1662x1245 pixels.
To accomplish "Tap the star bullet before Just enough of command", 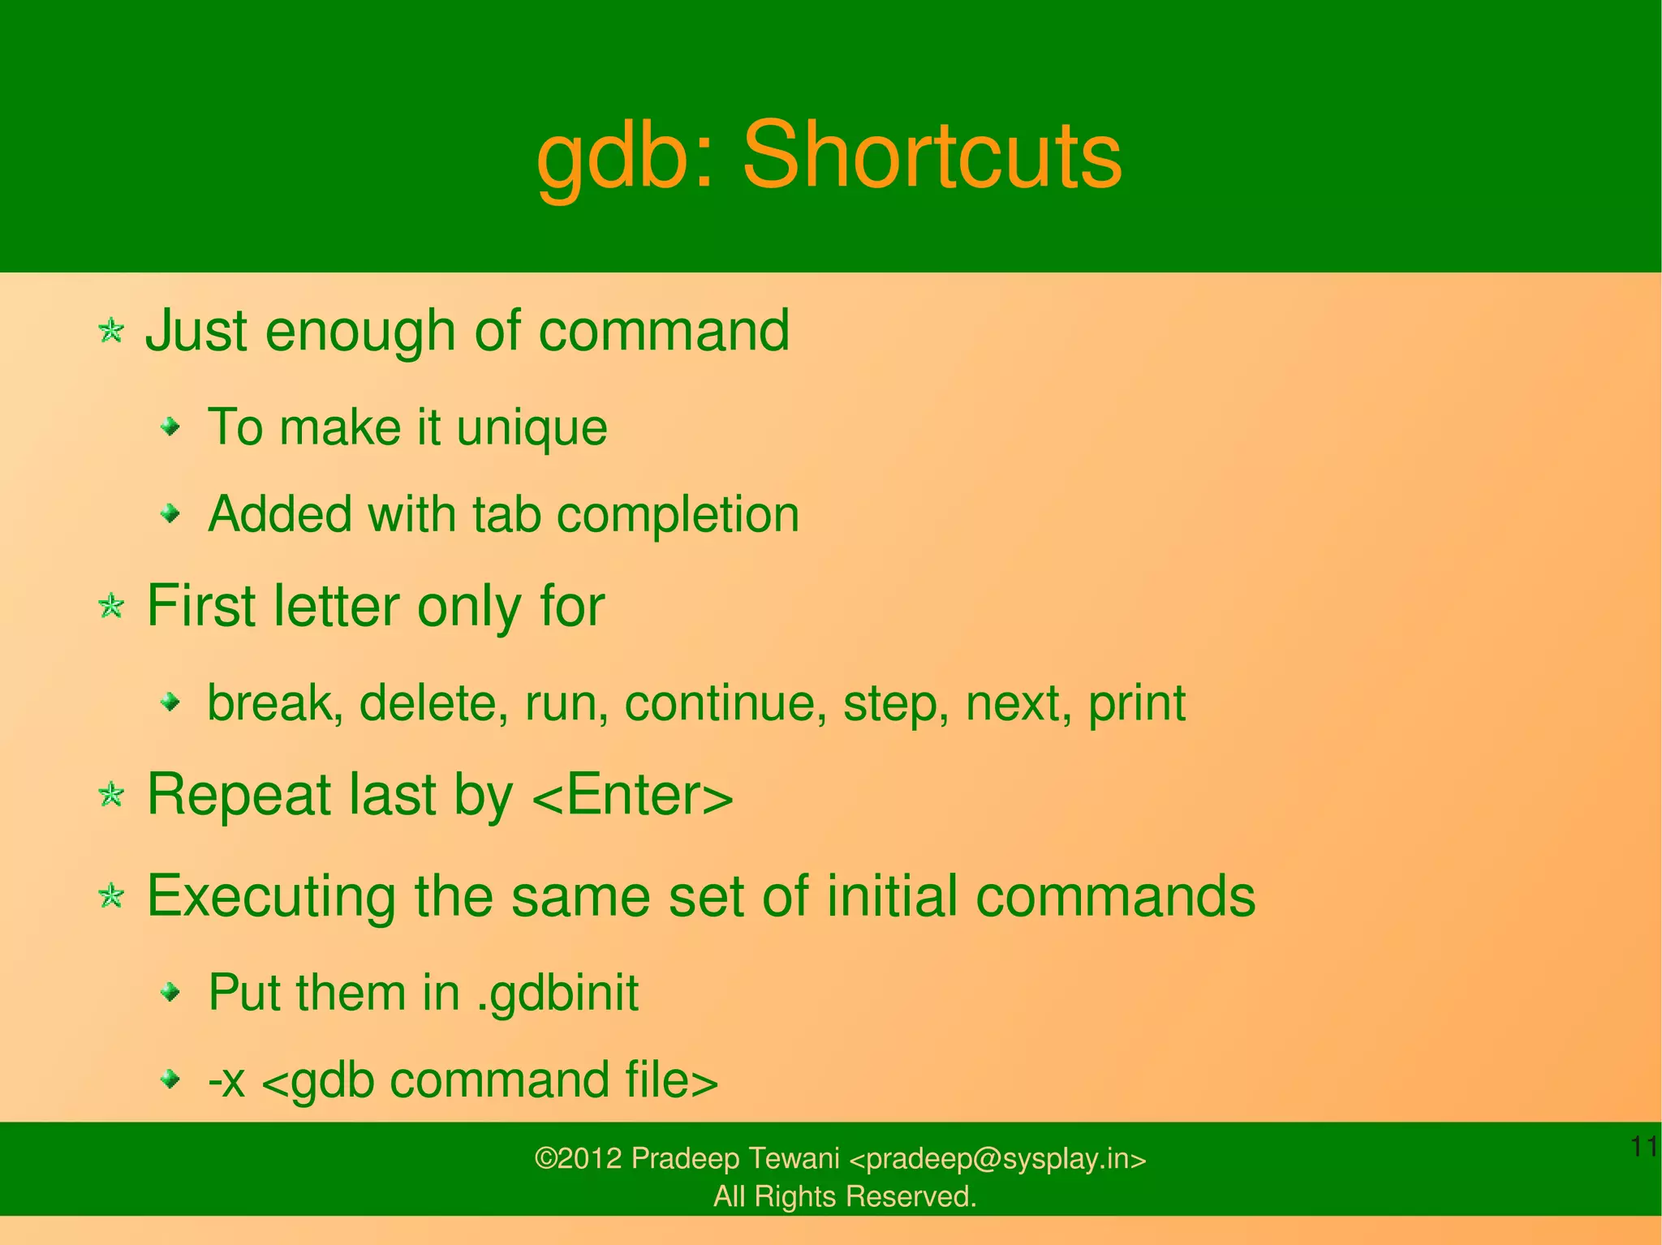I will pos(111,331).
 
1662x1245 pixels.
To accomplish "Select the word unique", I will pos(532,428).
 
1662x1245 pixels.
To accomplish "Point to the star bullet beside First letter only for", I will pos(111,606).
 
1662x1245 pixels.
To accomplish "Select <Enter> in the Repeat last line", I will pos(633,795).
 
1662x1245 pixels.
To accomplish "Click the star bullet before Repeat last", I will pos(111,795).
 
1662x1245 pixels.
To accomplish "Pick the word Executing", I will pos(271,897).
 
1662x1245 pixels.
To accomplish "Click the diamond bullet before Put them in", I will pos(170,991).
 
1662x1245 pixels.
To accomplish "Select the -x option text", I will pos(226,1080).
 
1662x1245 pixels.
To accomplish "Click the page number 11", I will pos(1643,1147).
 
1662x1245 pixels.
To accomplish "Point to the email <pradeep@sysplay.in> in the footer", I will pos(997,1159).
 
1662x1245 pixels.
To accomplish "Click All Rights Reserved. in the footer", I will pos(844,1196).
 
